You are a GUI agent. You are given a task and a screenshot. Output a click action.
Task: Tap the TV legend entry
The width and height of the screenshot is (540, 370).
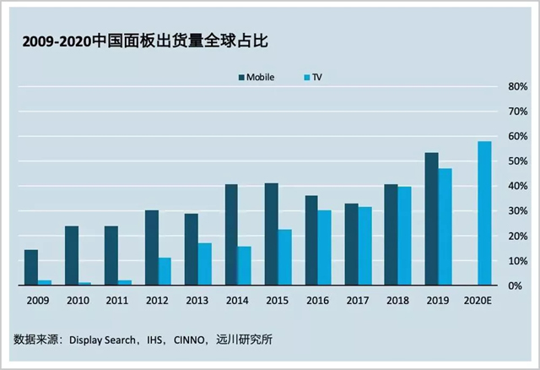coord(312,77)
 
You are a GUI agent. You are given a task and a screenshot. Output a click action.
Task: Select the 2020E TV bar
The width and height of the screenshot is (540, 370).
coord(484,214)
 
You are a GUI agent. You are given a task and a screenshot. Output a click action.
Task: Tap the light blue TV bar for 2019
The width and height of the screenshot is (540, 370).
coord(445,227)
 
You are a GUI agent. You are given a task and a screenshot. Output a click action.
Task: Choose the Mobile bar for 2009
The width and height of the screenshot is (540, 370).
coord(31,268)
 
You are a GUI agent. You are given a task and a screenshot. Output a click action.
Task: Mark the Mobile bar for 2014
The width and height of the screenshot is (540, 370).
coord(231,235)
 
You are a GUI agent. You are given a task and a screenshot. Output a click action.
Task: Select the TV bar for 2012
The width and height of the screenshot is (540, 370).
coord(165,271)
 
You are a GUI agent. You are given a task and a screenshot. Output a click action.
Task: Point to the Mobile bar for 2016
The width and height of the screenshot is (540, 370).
coord(311,241)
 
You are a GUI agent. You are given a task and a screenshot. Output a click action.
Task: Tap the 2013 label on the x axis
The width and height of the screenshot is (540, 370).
coord(197,299)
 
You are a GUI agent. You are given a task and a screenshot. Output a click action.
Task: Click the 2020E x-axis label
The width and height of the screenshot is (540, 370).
coord(478,299)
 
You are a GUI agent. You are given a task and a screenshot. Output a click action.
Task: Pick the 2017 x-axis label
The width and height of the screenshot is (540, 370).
coord(358,299)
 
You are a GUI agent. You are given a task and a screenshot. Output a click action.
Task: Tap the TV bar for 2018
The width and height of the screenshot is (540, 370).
coord(405,236)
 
